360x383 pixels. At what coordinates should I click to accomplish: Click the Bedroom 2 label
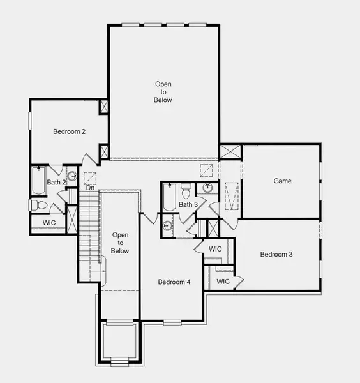coord(69,131)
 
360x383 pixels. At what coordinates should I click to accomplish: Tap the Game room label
coord(282,181)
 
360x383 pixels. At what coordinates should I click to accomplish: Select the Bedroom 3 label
coord(276,254)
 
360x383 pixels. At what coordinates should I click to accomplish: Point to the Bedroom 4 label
coord(174,282)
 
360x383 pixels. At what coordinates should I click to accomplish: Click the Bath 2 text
coord(56,183)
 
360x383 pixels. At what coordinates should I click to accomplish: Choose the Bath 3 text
coord(188,204)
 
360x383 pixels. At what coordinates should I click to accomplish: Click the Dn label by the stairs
coord(90,188)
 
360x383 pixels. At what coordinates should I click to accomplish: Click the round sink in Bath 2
coord(72,176)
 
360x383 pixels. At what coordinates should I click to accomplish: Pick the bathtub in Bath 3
coord(169,198)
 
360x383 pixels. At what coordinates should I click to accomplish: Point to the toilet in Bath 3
coord(186,191)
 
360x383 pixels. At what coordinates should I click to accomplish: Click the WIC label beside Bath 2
coord(49,222)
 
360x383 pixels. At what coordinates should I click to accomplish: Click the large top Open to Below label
coord(163,92)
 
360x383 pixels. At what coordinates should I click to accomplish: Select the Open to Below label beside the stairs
coord(120,243)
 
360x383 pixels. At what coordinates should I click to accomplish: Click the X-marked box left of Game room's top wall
coord(229,153)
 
